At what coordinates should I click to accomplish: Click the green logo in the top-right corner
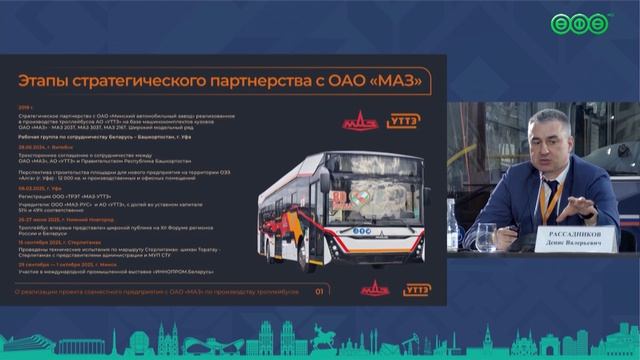point(583,23)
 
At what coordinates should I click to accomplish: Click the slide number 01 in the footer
point(319,292)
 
